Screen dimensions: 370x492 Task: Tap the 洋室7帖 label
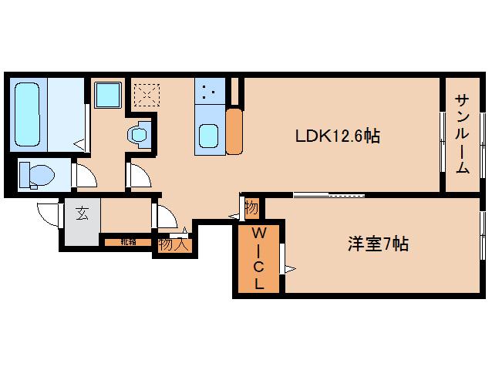(377, 245)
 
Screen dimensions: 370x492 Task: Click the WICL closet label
(259, 257)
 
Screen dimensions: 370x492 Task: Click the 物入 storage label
(172, 245)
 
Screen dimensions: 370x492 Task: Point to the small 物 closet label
(251, 207)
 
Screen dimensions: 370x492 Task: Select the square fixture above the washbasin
(107, 96)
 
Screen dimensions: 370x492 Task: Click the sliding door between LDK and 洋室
(328, 194)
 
